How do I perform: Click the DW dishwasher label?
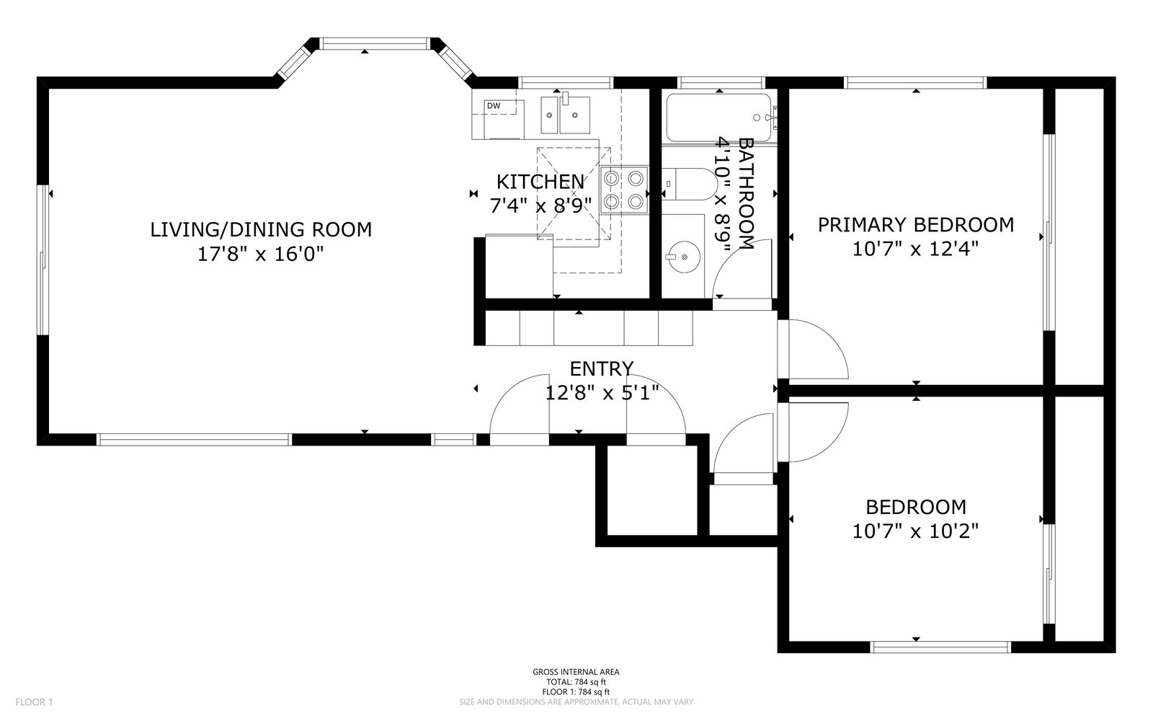point(493,106)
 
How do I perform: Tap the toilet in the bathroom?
point(689,185)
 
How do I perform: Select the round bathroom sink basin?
point(684,257)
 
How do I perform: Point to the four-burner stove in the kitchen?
point(624,190)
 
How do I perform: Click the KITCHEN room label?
point(540,182)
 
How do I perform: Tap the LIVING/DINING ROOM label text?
point(261,230)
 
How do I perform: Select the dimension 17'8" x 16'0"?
point(261,254)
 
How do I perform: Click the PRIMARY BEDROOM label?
point(916,225)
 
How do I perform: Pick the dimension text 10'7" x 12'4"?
point(916,249)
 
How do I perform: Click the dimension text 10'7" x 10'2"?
point(916,531)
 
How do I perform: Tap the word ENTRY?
point(602,368)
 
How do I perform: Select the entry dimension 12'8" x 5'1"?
point(602,394)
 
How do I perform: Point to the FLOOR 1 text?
point(34,702)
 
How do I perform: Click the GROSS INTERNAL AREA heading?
point(576,672)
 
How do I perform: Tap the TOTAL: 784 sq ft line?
point(576,682)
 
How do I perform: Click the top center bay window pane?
point(374,44)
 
